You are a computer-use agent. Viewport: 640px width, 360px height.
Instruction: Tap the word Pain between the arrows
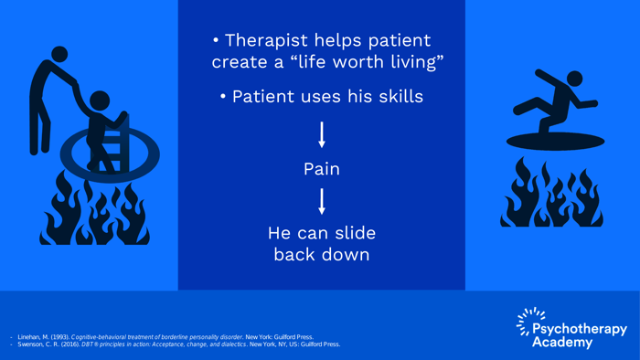322,169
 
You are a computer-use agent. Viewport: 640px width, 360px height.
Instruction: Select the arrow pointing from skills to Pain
322,134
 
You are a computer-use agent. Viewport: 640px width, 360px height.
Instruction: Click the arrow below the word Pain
322,201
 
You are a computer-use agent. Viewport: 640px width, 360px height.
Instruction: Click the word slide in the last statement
355,233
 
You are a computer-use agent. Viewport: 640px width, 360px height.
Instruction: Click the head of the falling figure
575,79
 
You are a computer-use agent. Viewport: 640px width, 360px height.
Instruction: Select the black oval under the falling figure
555,142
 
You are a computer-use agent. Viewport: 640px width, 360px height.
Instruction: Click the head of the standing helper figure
59,54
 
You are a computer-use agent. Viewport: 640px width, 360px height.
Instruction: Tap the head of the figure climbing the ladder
100,101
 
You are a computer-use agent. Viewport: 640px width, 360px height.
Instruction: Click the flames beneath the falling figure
552,193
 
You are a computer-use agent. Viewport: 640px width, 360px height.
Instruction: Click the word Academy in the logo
562,342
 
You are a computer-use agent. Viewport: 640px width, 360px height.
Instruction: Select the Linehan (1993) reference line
165,337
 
